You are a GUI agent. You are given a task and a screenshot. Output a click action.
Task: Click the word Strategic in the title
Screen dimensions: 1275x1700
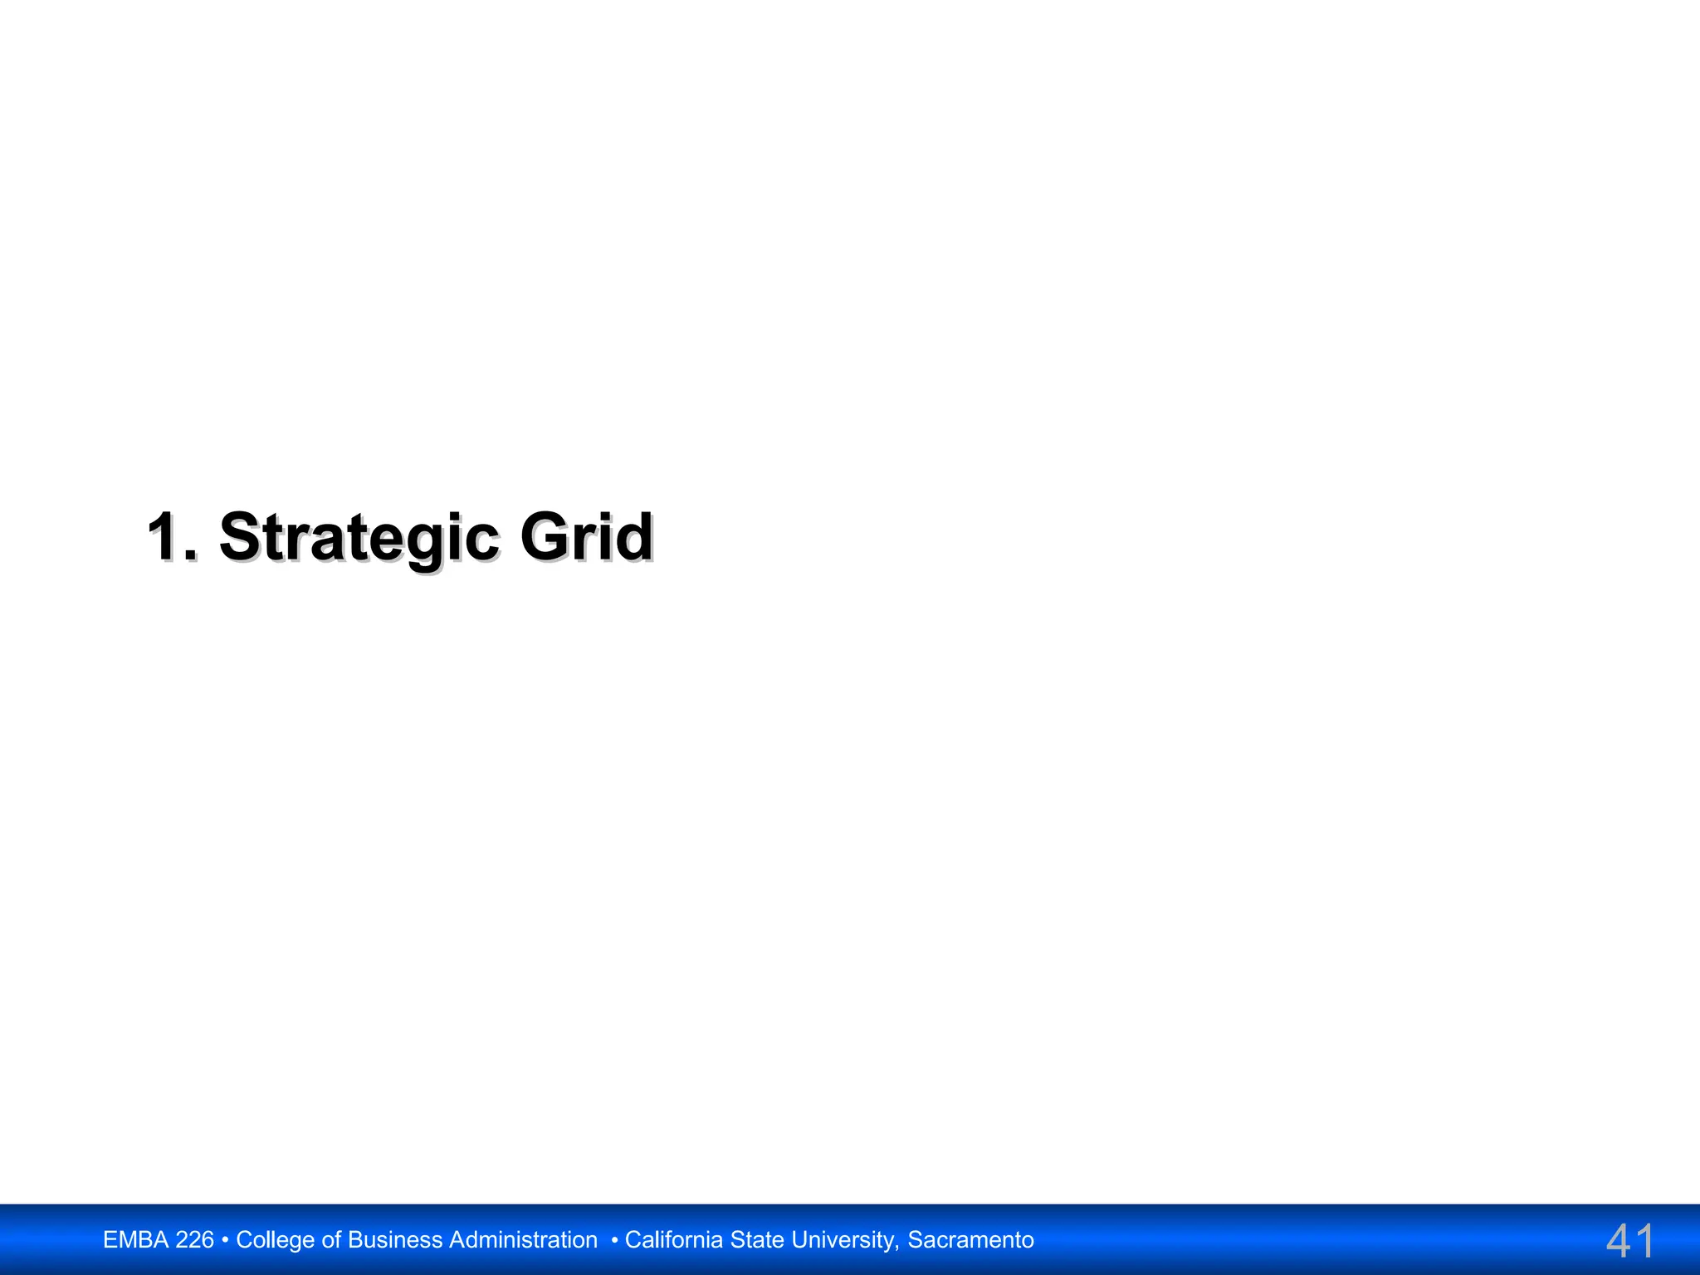359,538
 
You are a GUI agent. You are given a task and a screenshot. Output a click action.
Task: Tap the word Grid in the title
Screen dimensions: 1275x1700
586,537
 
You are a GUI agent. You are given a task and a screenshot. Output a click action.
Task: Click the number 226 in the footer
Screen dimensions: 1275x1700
194,1240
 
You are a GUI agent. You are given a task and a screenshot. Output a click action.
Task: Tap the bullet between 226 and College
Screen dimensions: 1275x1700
225,1240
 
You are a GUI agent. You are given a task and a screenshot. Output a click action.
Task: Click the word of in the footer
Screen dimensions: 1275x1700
331,1240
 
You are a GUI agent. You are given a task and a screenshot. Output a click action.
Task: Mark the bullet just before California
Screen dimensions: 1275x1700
614,1240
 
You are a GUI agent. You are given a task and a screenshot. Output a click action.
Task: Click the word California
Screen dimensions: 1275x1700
674,1240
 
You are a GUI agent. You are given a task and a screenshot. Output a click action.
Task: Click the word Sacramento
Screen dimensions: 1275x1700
970,1240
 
